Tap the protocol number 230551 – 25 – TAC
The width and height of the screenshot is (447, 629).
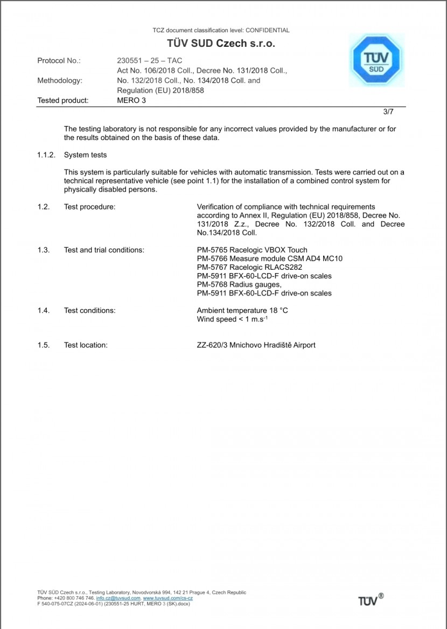149,61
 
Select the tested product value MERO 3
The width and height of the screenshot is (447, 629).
131,100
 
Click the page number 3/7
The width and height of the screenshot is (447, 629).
389,112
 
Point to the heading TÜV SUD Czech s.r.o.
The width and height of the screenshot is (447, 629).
222,44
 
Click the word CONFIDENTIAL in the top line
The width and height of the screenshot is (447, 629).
267,30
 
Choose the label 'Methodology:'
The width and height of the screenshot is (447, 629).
60,81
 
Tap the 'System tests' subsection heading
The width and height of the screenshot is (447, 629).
85,155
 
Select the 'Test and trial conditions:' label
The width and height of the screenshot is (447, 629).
104,250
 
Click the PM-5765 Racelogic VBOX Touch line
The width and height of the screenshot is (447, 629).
252,250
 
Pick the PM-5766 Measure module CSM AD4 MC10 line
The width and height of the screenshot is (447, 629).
269,258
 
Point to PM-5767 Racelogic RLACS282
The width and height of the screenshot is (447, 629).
248,267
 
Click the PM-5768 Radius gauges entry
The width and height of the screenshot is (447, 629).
239,284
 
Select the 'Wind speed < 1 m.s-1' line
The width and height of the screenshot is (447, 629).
232,320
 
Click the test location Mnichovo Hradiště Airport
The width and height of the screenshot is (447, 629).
273,345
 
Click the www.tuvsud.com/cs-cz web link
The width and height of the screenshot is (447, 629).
167,598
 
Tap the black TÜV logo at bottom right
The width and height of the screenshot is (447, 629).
371,600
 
